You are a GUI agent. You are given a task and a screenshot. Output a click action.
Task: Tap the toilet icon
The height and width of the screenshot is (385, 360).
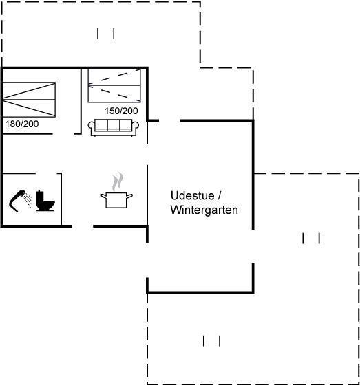(45, 201)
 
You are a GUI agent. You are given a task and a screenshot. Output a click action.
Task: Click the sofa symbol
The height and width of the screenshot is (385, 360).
(114, 127)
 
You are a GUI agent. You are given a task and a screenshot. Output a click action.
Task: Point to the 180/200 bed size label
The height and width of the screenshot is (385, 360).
(22, 124)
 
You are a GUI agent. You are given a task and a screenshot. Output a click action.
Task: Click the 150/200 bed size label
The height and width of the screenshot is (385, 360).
(121, 111)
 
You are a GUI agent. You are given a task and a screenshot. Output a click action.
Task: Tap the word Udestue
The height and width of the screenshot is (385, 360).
(193, 196)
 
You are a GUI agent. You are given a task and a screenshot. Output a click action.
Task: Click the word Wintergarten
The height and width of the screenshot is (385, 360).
(204, 210)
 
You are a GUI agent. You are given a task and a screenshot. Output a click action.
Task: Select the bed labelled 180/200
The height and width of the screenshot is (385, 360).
(29, 100)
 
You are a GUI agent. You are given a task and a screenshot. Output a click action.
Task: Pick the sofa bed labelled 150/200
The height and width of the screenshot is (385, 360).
(114, 85)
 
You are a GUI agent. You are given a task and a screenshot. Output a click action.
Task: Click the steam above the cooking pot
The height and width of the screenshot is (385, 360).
(118, 181)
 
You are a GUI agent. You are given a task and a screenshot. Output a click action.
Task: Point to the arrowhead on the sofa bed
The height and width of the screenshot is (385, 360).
(90, 85)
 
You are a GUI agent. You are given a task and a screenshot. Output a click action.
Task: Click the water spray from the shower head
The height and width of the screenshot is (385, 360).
(28, 199)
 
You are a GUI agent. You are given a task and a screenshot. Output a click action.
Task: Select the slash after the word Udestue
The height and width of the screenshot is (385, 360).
(220, 196)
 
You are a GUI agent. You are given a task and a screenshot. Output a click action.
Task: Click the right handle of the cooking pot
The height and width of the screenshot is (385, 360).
(130, 196)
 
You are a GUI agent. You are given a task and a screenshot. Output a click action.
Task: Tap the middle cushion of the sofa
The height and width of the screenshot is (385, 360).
(114, 124)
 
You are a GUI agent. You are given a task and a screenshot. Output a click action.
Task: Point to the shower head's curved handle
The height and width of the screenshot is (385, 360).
(14, 203)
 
